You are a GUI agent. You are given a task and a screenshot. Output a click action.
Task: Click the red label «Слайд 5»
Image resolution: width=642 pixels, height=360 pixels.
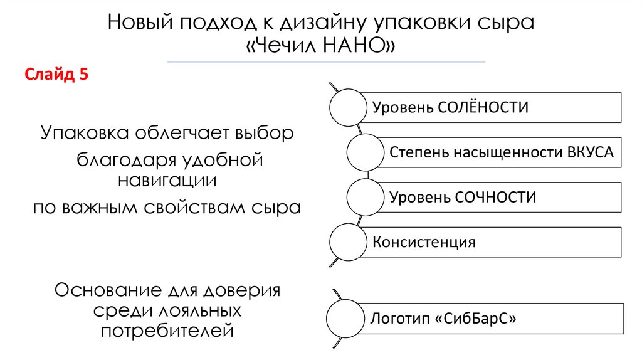(x=56, y=75)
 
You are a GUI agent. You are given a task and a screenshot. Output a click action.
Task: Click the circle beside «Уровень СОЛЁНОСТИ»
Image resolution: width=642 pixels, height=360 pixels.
(x=349, y=107)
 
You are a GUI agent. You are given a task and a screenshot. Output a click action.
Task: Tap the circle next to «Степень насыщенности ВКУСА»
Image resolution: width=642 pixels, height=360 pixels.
(x=365, y=152)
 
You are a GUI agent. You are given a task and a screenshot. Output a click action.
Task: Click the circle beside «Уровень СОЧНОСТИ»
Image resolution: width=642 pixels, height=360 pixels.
(x=365, y=197)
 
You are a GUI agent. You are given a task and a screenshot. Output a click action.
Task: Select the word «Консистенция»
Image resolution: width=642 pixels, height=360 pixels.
(x=424, y=242)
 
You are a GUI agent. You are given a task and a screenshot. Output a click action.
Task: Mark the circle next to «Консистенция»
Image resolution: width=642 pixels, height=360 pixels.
(x=348, y=242)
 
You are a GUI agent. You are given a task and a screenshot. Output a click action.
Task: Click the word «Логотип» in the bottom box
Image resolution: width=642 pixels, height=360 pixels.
(x=398, y=317)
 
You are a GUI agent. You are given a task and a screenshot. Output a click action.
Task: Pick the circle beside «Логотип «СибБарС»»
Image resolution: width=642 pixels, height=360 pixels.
(x=348, y=317)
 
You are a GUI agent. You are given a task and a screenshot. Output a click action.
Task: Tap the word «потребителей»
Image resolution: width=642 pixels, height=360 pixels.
(x=167, y=330)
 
